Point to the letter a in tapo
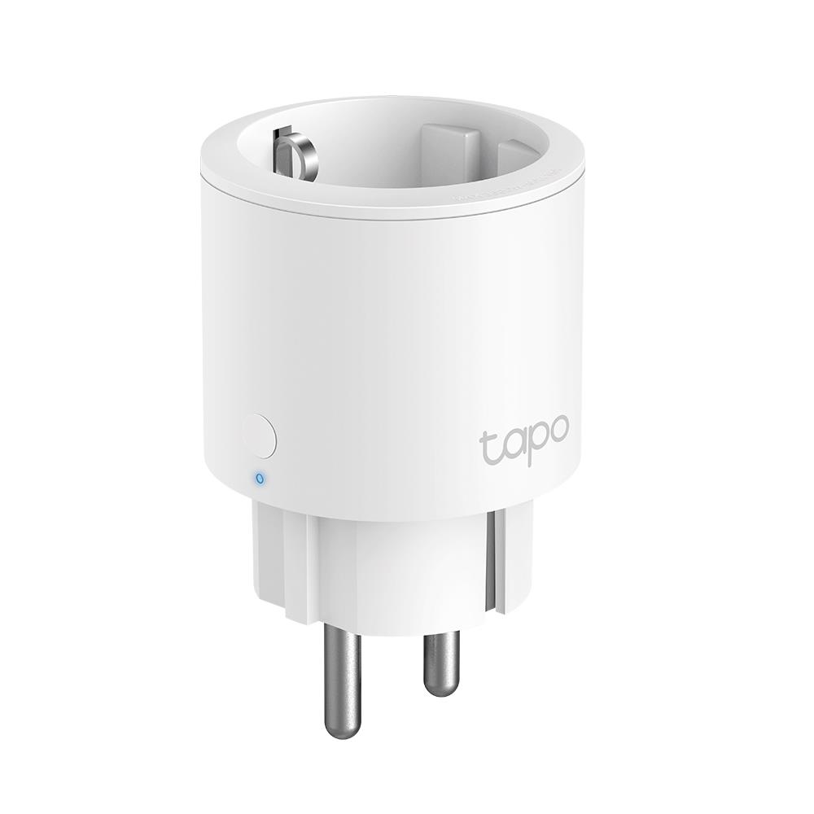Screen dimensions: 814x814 pyautogui.click(x=510, y=449)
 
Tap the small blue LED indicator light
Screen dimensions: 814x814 pyautogui.click(x=260, y=478)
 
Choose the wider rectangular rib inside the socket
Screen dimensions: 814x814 pyautogui.click(x=452, y=150)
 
